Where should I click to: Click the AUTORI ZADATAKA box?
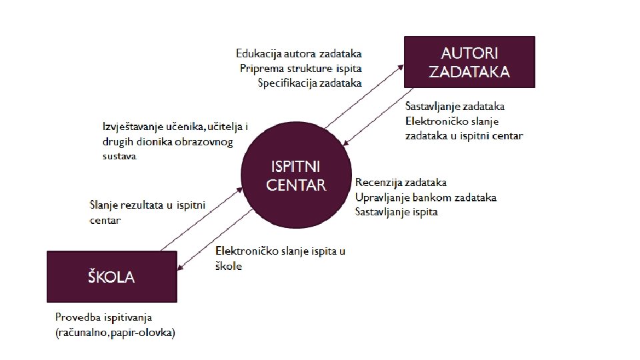469,62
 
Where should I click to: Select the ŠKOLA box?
111,277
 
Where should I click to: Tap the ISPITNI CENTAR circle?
296,176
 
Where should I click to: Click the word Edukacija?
259,53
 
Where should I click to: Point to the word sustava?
119,157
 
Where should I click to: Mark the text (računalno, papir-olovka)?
115,333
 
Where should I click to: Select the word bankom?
433,197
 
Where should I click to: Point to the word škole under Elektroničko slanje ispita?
229,266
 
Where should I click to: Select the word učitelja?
227,127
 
